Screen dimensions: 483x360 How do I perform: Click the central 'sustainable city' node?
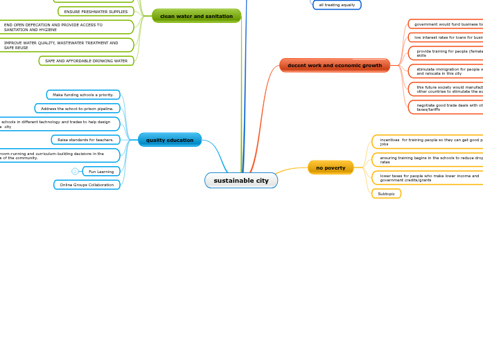[241, 181]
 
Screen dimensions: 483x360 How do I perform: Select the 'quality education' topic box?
[170, 140]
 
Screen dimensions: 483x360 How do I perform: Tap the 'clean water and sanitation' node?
[196, 16]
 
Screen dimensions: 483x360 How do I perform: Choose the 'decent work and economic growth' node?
[335, 66]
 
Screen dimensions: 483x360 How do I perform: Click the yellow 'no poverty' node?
[331, 168]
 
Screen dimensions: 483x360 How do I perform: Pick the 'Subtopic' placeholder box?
[386, 194]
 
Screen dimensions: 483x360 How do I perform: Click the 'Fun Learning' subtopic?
[101, 172]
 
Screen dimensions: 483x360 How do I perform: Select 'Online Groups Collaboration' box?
[87, 185]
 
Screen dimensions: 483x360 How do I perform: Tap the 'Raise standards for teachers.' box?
[85, 140]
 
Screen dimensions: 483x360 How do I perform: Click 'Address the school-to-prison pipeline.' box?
[77, 109]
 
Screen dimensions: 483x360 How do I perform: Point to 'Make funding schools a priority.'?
[83, 95]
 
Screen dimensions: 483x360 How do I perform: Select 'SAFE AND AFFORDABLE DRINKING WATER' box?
[86, 61]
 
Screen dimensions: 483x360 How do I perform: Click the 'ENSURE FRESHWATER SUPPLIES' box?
[96, 12]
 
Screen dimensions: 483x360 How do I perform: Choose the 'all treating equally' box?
[337, 5]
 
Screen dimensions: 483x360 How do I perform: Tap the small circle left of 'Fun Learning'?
[75, 172]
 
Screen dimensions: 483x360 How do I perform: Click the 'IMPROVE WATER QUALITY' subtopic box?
[65, 45]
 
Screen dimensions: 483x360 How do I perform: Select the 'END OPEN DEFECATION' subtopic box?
[65, 27]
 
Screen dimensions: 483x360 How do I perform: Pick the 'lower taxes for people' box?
[428, 178]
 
